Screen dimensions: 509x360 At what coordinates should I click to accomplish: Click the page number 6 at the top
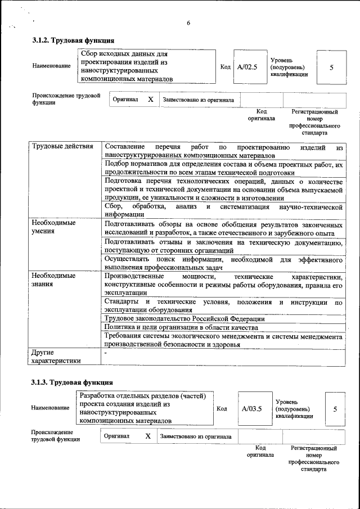pyautogui.click(x=189, y=23)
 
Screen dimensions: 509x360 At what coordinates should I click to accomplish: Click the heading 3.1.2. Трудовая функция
pyautogui.click(x=73, y=40)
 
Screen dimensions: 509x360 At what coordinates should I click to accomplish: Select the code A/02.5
pyautogui.click(x=247, y=67)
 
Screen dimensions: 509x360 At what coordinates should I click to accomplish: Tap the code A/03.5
pyautogui.click(x=252, y=409)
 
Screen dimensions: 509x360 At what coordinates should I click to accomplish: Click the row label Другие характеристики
pyautogui.click(x=56, y=357)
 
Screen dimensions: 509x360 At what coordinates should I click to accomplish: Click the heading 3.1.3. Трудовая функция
pyautogui.click(x=73, y=383)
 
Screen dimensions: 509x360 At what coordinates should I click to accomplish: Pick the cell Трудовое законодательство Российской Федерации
pyautogui.click(x=184, y=318)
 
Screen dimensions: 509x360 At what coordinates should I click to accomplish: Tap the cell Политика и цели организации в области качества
pyautogui.click(x=181, y=327)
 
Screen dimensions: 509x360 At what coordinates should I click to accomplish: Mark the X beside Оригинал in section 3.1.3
pyautogui.click(x=147, y=436)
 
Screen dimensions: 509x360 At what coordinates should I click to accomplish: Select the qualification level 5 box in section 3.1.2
pyautogui.click(x=331, y=67)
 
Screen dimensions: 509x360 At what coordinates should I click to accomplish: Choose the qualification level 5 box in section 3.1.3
pyautogui.click(x=335, y=409)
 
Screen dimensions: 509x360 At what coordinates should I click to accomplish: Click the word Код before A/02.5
pyautogui.click(x=226, y=67)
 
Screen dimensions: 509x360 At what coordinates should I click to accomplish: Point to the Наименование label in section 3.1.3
pyautogui.click(x=51, y=408)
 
